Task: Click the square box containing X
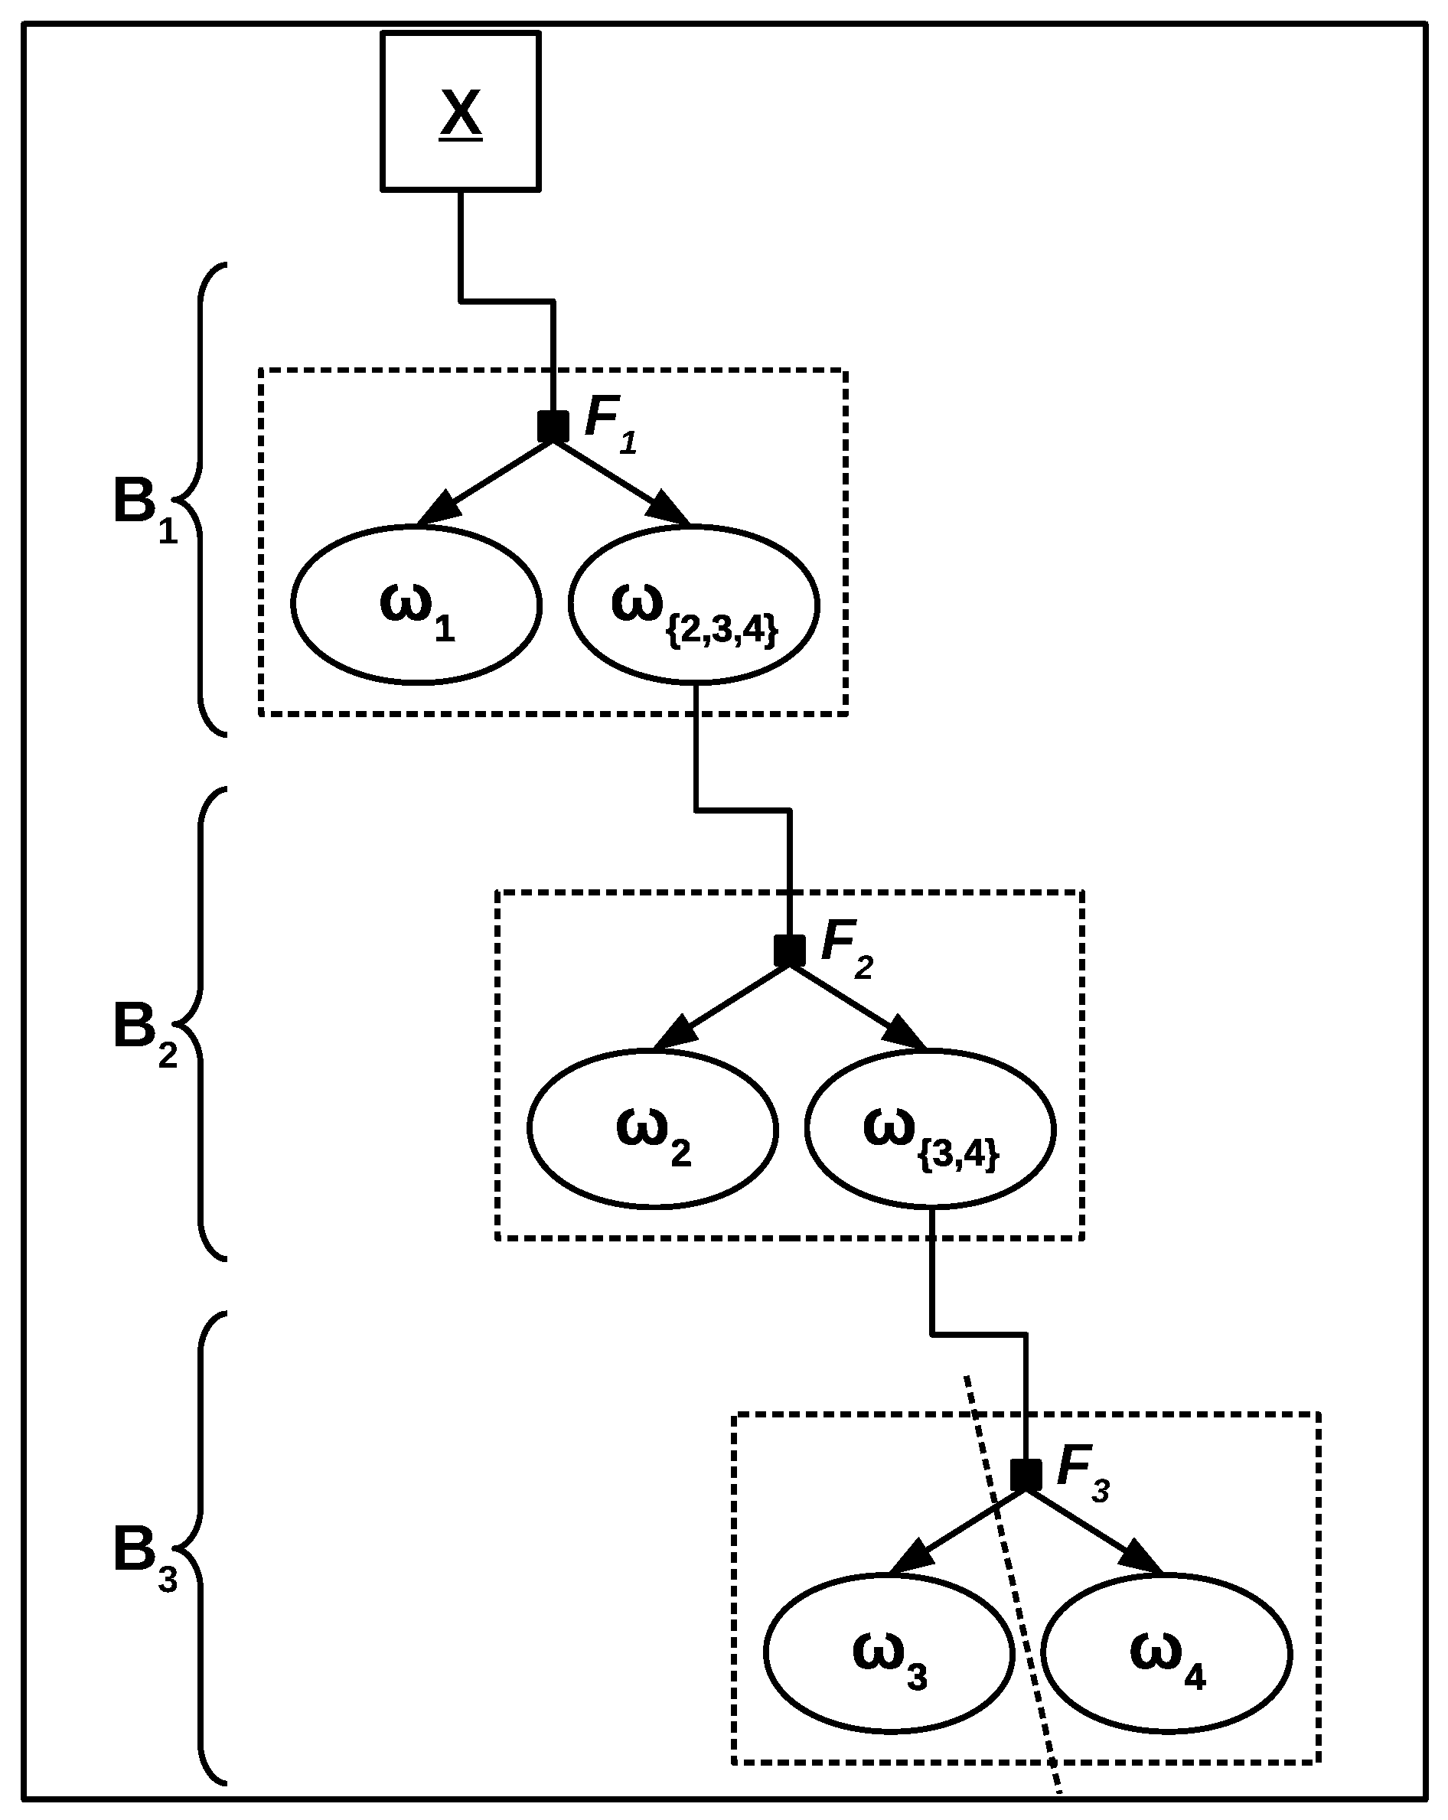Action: click(460, 110)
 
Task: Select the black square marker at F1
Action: click(553, 426)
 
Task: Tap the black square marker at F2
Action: click(789, 951)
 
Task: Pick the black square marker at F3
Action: click(1026, 1475)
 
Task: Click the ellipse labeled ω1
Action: click(416, 605)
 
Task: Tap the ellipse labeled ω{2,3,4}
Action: click(694, 605)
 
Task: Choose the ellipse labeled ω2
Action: click(653, 1129)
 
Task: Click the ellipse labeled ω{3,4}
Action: click(931, 1129)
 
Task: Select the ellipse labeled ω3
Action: click(889, 1653)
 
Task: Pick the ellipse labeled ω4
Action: click(1167, 1653)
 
